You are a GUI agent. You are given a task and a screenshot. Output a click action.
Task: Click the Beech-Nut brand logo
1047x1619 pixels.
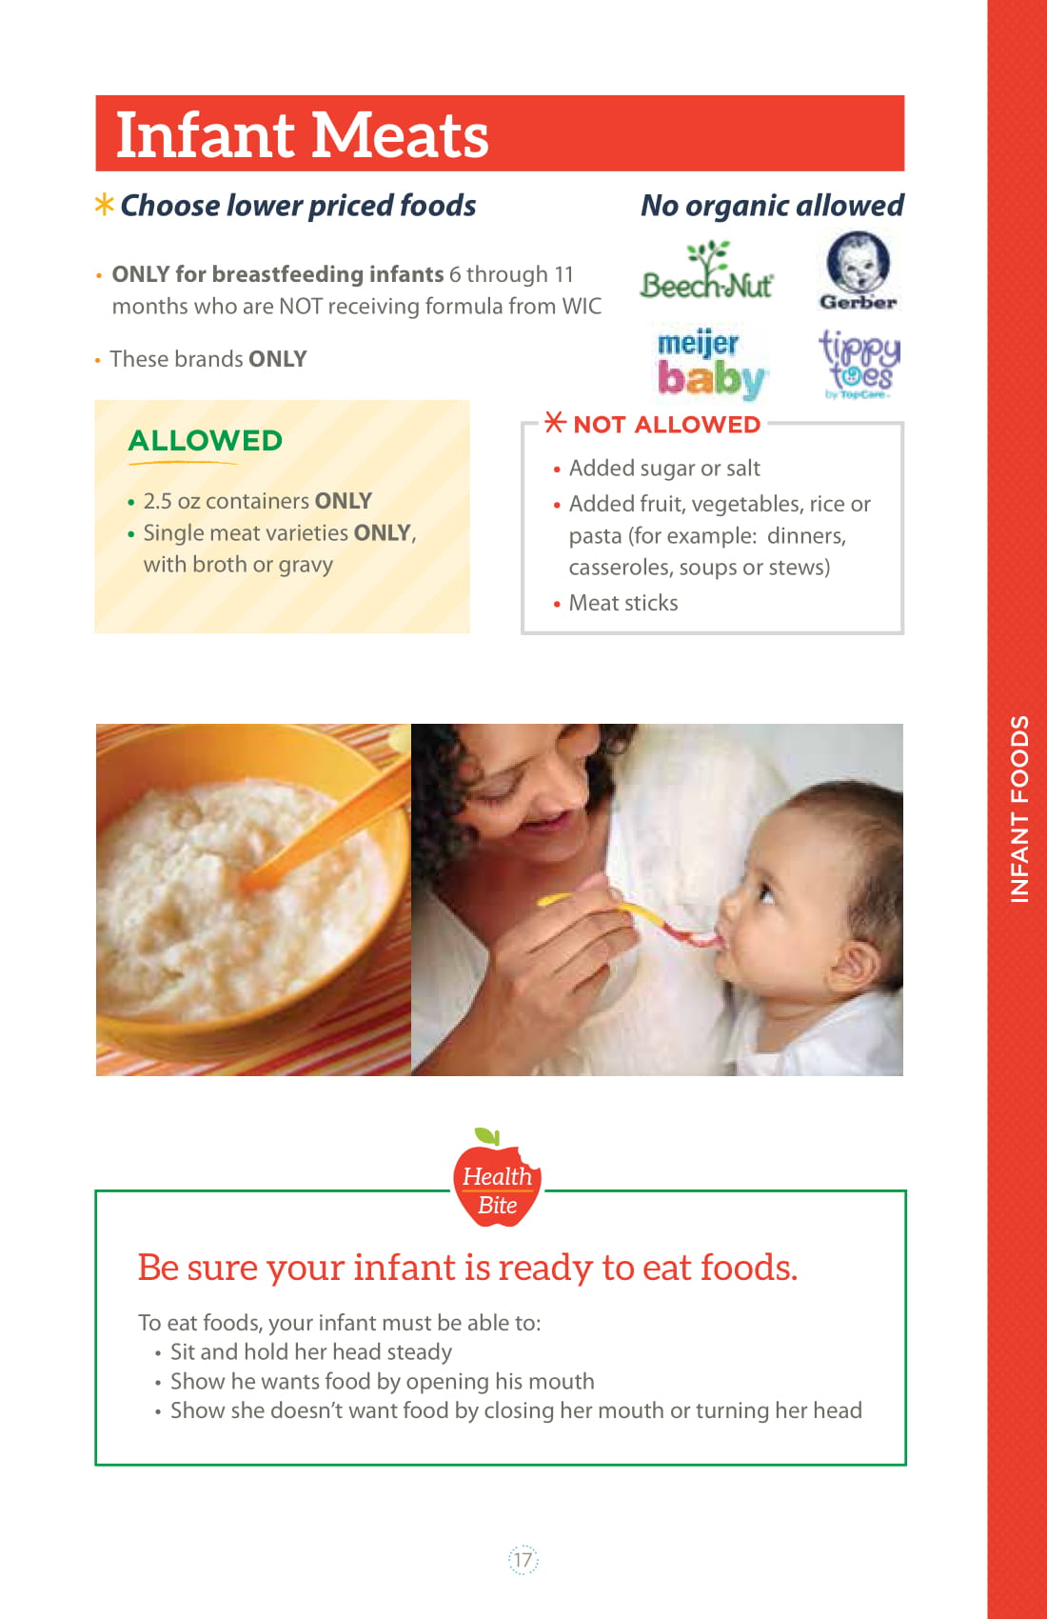click(x=706, y=271)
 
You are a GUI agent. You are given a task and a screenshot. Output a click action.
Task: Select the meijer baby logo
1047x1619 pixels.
click(x=710, y=364)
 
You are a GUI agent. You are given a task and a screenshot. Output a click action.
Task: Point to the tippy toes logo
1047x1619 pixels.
click(x=859, y=364)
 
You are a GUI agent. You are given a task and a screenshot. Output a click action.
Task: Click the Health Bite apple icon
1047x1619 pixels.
click(x=497, y=1177)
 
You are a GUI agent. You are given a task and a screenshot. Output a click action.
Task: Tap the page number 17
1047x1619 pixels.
click(x=523, y=1559)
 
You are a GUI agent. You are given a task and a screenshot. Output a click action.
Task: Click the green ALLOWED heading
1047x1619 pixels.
click(x=206, y=440)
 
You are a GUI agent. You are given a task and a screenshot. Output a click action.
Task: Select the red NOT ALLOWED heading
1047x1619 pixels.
click(x=666, y=424)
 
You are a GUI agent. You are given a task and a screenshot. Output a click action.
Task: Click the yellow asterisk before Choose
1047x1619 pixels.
click(x=104, y=204)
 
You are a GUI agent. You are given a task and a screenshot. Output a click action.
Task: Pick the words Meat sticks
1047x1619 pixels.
click(x=623, y=603)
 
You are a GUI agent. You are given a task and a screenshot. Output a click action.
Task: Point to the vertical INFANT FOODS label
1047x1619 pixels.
click(x=1018, y=809)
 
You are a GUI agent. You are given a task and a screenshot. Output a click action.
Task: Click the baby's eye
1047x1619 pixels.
click(x=766, y=895)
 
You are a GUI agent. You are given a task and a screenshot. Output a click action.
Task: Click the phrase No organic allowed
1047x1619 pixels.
click(x=773, y=206)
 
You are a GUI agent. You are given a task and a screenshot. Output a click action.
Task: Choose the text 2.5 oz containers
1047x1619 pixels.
click(x=227, y=501)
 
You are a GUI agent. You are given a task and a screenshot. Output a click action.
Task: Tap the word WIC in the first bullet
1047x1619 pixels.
click(x=582, y=307)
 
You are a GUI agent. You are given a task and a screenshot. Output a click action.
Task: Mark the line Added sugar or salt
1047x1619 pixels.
click(x=664, y=469)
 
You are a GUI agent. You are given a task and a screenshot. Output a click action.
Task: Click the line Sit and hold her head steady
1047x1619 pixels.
click(x=310, y=1351)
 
